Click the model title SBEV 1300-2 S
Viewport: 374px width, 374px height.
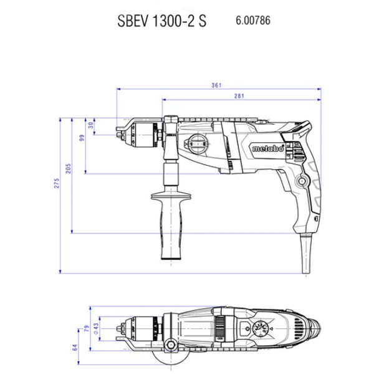point(161,21)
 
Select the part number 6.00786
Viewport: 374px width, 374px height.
point(253,21)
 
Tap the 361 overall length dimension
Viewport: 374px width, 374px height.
point(216,85)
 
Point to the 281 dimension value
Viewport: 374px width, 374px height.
point(239,96)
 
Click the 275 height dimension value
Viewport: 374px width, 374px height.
point(57,183)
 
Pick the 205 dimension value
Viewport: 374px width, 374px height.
point(69,168)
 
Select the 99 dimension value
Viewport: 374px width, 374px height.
point(82,138)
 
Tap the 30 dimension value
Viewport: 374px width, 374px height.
point(91,125)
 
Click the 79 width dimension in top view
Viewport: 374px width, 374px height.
point(87,328)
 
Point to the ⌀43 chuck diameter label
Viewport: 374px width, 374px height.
point(96,328)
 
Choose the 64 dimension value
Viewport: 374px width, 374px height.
point(75,347)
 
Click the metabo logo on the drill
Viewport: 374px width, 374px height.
point(268,148)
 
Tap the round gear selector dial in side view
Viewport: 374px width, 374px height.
point(198,143)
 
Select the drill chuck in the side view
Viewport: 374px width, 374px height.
point(139,135)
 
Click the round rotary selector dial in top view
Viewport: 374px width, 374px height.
point(259,328)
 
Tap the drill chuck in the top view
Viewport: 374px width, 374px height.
point(139,328)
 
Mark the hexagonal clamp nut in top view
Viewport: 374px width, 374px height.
point(170,345)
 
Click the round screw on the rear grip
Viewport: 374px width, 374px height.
point(302,181)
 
